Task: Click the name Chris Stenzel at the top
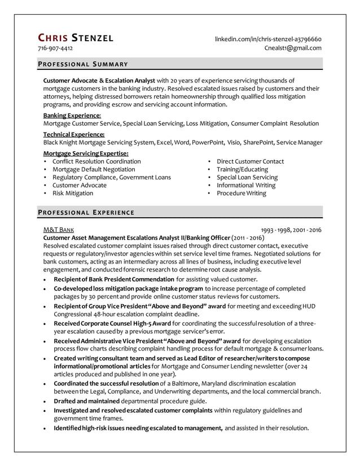pos(75,38)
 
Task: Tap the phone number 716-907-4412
pos(55,49)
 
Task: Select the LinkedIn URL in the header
pos(268,39)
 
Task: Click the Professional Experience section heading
pos(85,213)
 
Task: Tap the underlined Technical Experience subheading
pos(74,134)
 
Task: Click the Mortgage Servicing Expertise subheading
pos(86,153)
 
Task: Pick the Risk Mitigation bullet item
pos(73,193)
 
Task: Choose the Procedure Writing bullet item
pos(241,193)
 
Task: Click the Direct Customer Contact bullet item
pos(250,161)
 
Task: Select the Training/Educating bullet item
pos(242,169)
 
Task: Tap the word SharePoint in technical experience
pos(261,142)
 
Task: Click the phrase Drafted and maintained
pos(87,401)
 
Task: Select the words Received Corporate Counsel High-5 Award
pos(112,323)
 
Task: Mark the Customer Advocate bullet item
pos(79,185)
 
